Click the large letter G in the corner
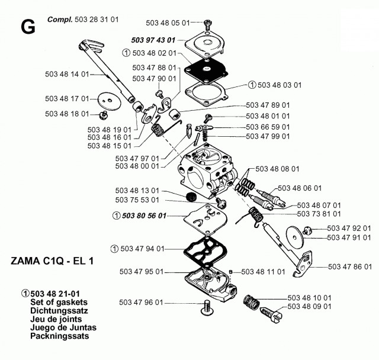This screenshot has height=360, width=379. [28, 27]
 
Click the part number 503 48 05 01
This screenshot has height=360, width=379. [168, 23]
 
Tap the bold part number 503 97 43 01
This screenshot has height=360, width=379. [153, 40]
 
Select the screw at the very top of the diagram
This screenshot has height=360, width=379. [208, 24]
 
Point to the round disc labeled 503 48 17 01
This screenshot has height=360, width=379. [109, 101]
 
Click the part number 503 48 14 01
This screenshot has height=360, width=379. [67, 74]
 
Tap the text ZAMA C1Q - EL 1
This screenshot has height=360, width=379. [52, 261]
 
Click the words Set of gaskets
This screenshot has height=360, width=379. [59, 302]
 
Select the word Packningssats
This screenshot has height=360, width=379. [59, 336]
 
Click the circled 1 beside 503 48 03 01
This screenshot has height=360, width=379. [252, 85]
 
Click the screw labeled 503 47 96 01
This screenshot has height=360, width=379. [206, 307]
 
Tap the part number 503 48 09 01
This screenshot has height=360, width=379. [309, 307]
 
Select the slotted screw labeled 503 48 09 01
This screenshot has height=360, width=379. [271, 314]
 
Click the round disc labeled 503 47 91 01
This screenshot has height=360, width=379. [295, 238]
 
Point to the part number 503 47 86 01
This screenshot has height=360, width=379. [350, 266]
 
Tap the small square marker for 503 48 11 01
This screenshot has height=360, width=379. [230, 272]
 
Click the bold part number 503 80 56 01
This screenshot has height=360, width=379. [144, 216]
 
